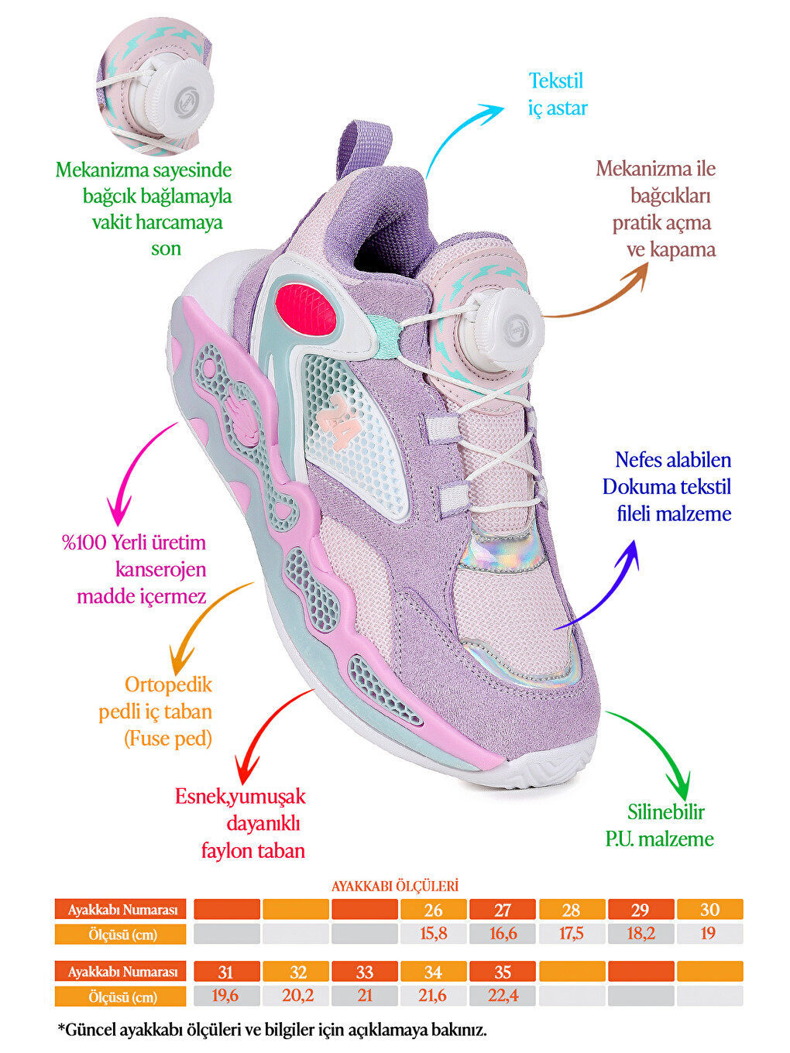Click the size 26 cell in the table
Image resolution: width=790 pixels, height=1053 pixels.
[433, 909]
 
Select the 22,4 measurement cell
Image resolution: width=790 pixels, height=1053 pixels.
[502, 996]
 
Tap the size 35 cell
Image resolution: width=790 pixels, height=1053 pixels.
[502, 972]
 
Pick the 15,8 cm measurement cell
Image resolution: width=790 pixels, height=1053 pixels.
[433, 934]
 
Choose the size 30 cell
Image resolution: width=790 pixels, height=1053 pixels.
[710, 909]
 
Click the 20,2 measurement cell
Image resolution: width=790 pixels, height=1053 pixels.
[296, 996]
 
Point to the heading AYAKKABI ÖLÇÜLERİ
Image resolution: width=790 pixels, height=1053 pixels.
[395, 886]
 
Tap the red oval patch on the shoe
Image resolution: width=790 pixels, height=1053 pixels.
[305, 309]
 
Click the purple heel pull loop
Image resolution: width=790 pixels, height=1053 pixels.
[362, 149]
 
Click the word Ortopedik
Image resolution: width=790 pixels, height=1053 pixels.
[168, 684]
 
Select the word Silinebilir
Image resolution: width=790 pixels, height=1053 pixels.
[665, 812]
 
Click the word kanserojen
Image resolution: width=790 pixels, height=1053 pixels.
[160, 569]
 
